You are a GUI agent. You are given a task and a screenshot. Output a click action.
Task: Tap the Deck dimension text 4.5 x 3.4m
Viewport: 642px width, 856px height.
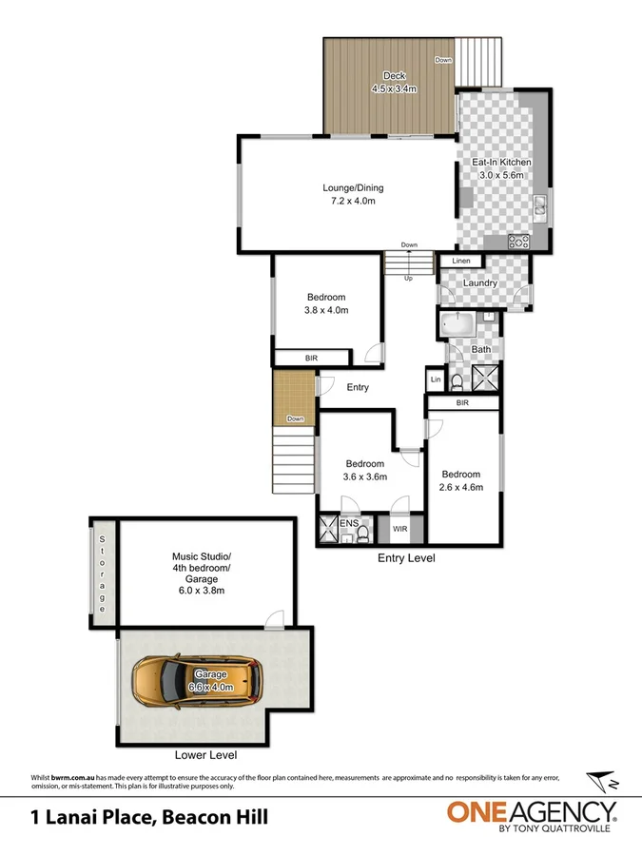pos(394,89)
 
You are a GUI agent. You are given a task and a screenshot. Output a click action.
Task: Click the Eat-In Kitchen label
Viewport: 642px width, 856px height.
pos(501,163)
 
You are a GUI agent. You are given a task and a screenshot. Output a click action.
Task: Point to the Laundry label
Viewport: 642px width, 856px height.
pos(480,283)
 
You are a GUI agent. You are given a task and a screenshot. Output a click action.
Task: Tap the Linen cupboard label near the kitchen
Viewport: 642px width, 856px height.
pos(461,261)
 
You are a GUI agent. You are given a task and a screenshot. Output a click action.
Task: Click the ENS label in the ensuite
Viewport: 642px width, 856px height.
pos(349,523)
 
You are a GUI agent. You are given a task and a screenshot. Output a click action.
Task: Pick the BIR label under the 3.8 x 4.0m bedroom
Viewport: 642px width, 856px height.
pos(311,358)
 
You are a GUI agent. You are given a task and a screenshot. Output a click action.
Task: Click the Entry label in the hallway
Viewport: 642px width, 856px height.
pos(358,387)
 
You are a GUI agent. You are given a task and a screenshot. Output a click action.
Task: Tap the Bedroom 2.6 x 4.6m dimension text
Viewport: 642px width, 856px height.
pos(460,487)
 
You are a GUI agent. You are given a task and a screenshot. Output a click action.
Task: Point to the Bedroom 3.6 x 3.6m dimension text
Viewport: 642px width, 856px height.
pos(364,477)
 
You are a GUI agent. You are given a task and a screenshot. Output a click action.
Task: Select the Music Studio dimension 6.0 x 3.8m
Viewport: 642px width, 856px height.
pos(194,591)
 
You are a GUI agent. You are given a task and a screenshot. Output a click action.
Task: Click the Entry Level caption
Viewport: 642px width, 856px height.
pos(406,558)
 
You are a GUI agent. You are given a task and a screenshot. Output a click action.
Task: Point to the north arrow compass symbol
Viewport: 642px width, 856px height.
pos(601,783)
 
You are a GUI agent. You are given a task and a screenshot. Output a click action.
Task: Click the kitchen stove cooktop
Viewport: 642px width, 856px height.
pos(519,242)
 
